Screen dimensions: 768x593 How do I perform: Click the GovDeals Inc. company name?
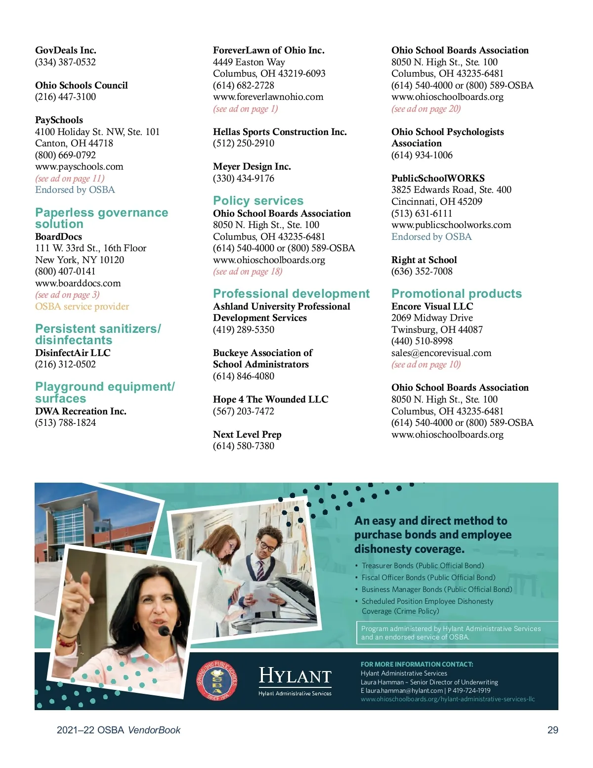click(x=66, y=50)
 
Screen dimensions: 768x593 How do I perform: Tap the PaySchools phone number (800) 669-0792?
click(x=65, y=155)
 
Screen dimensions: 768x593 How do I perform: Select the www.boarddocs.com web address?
click(x=78, y=283)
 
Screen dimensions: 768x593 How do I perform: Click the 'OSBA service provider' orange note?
click(x=82, y=307)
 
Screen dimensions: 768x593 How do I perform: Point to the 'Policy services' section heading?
click(x=258, y=201)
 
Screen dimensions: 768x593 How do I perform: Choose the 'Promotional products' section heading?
click(x=456, y=294)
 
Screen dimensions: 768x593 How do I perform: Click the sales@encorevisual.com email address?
click(x=441, y=353)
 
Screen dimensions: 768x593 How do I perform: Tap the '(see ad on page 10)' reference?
click(x=426, y=365)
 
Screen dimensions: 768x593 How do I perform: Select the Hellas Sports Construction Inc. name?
click(x=280, y=132)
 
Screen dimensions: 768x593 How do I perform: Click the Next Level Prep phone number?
click(x=244, y=446)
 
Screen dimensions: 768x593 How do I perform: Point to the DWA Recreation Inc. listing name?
click(x=81, y=411)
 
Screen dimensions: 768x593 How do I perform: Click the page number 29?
click(x=552, y=730)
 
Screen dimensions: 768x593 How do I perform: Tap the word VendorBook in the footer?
click(x=154, y=730)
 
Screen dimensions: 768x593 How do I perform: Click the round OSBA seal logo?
click(x=217, y=680)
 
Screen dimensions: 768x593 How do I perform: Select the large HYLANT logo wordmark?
click(x=295, y=676)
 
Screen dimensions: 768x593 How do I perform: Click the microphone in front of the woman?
click(x=165, y=632)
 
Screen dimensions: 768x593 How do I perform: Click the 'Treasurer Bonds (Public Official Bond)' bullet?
click(x=423, y=566)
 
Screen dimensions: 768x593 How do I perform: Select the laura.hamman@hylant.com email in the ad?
click(x=404, y=691)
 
